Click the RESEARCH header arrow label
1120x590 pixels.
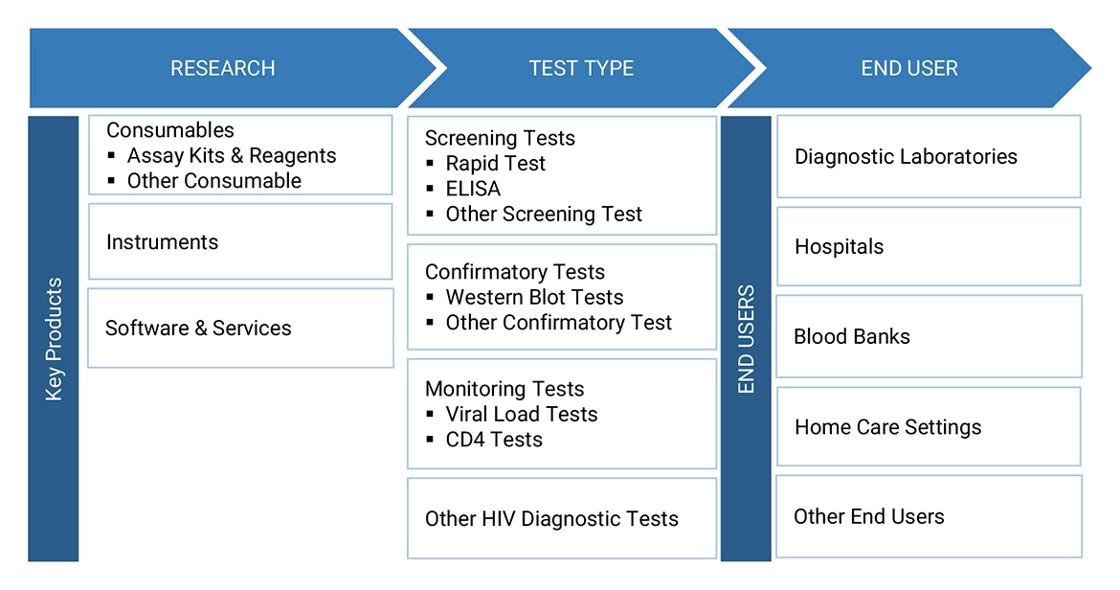[222, 68]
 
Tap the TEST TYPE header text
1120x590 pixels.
[581, 68]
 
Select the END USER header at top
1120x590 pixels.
[908, 68]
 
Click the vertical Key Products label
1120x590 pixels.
[54, 339]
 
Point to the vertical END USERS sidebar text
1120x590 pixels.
[746, 339]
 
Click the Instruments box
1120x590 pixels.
[239, 242]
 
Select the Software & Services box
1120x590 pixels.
[239, 329]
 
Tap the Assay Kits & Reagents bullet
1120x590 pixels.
[232, 155]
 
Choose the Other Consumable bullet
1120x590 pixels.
[213, 180]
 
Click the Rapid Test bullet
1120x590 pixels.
[495, 164]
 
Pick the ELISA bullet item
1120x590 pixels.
[473, 189]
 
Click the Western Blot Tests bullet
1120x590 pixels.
[534, 297]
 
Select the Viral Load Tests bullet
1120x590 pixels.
[521, 414]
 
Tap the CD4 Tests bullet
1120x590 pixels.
[494, 440]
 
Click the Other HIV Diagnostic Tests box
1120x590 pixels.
[561, 519]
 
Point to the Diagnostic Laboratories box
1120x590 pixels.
[928, 157]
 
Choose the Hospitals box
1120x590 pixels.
[928, 247]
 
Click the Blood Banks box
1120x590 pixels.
[928, 337]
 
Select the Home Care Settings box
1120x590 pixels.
[928, 427]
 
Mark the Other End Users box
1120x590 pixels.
[928, 517]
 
